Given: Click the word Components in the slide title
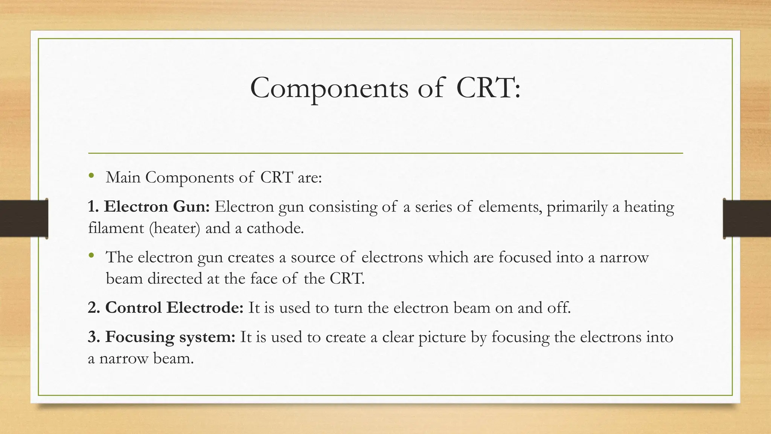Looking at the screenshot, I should [329, 89].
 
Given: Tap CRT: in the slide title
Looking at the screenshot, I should [488, 89].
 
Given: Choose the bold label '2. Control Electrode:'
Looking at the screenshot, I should [166, 308].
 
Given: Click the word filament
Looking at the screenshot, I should [116, 228].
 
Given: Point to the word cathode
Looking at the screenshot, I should [275, 228].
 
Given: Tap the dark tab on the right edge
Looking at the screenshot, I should [747, 219].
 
